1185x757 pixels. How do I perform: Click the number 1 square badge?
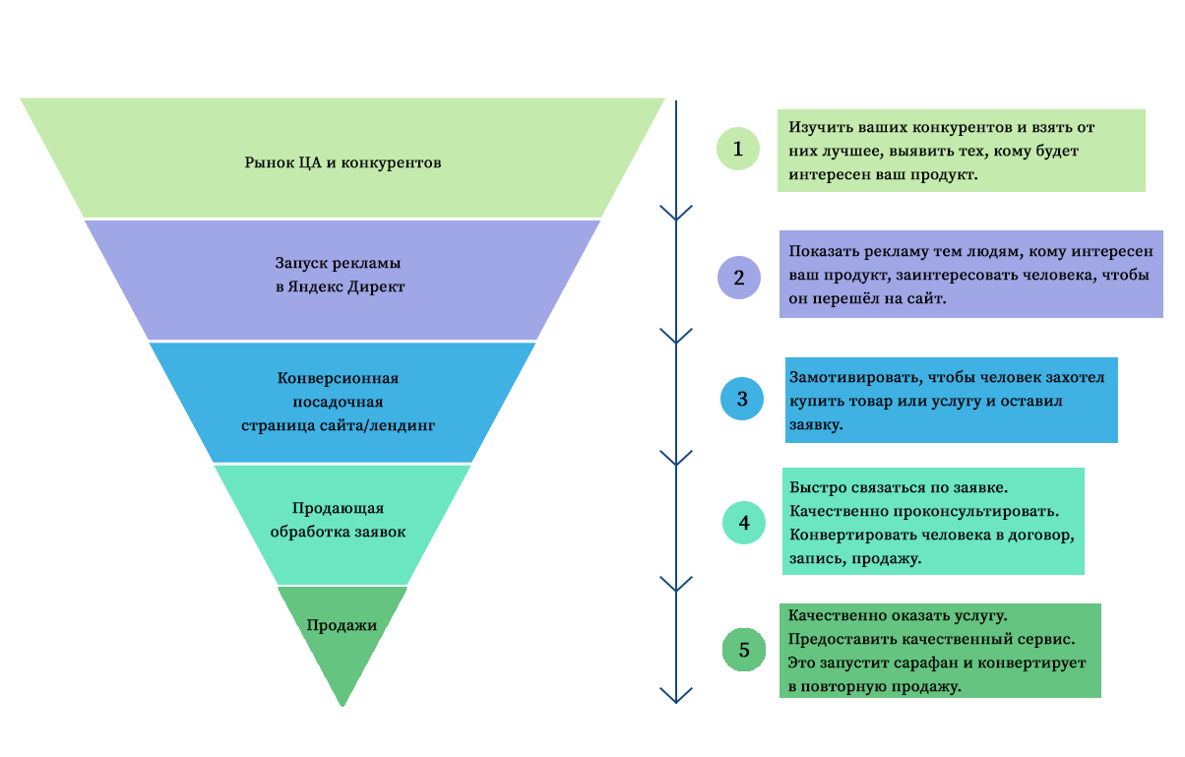(738, 149)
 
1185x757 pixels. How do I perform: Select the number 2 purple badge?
(739, 277)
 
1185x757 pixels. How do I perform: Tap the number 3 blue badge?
(742, 399)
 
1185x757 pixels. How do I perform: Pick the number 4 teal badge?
(744, 523)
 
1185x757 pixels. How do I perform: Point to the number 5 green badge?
(745, 650)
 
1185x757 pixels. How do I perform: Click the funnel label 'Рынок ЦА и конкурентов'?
(343, 161)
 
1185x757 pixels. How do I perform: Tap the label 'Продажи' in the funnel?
(342, 625)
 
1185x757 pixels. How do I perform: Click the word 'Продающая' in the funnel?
(338, 508)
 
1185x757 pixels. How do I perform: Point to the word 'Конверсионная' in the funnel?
(338, 378)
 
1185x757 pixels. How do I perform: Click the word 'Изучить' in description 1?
(813, 128)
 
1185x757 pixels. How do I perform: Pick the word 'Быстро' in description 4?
(813, 488)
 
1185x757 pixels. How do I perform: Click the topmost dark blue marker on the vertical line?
(676, 214)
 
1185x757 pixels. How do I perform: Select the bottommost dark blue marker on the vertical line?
(676, 696)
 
